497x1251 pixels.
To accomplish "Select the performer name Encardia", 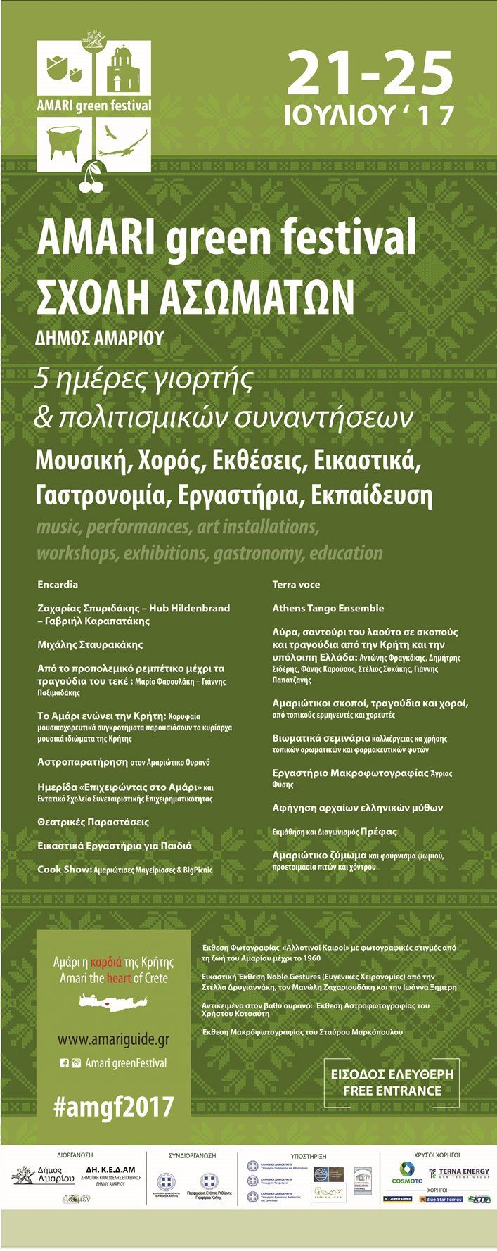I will pyautogui.click(x=58, y=584).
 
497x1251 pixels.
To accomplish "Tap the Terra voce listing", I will pyautogui.click(x=296, y=584).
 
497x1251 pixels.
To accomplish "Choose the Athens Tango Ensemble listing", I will pyautogui.click(x=328, y=608).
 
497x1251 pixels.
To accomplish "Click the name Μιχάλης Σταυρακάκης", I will pyautogui.click(x=90, y=644).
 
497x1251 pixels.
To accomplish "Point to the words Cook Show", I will pyautogui.click(x=65, y=870).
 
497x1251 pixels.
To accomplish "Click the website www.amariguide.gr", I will pyautogui.click(x=113, y=1039).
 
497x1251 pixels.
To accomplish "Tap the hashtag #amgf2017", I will pyautogui.click(x=113, y=1107).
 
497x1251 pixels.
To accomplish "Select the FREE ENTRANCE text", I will pyautogui.click(x=392, y=1091).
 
